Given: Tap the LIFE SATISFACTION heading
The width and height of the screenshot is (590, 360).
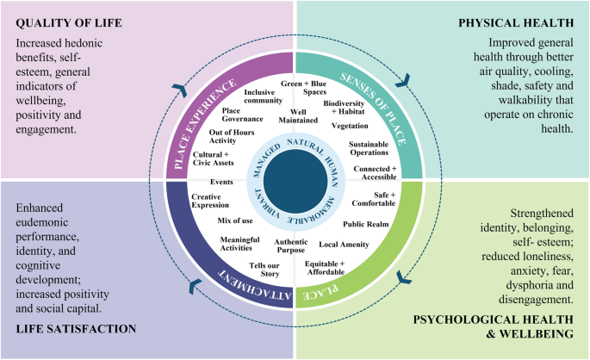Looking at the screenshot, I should pyautogui.click(x=76, y=329).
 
